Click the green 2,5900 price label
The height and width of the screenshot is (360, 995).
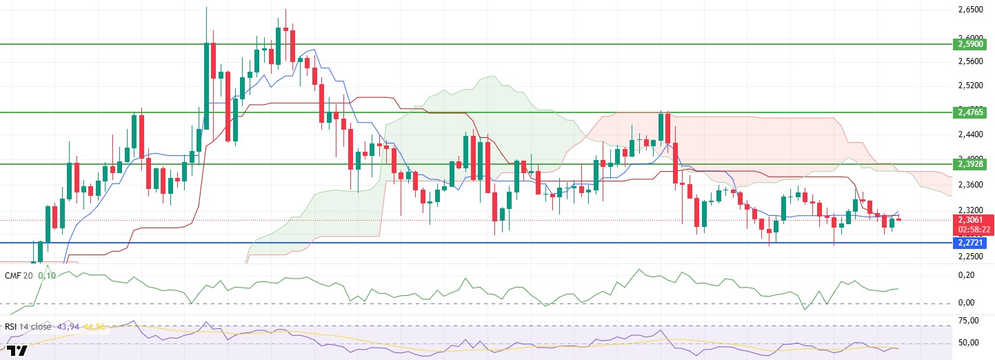[972, 43]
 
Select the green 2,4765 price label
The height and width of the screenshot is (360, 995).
[972, 112]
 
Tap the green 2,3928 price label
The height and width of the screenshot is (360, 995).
[972, 164]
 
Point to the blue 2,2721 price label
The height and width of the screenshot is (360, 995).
[972, 243]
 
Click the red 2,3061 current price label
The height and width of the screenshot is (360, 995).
[973, 220]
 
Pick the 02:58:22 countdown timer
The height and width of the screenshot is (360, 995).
[973, 230]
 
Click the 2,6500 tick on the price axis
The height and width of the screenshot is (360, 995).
[972, 10]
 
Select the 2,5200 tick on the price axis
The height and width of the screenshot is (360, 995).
[972, 86]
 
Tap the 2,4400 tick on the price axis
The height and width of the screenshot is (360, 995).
[972, 134]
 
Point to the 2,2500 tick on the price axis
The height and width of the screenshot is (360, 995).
[972, 257]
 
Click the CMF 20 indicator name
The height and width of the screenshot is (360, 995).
[19, 275]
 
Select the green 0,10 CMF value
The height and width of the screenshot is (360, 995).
[47, 275]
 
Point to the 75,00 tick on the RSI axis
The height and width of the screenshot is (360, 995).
[969, 321]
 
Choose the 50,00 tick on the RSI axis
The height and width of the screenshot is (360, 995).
[969, 343]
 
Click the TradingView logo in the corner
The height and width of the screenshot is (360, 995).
[18, 351]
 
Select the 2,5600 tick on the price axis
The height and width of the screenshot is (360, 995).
[972, 61]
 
